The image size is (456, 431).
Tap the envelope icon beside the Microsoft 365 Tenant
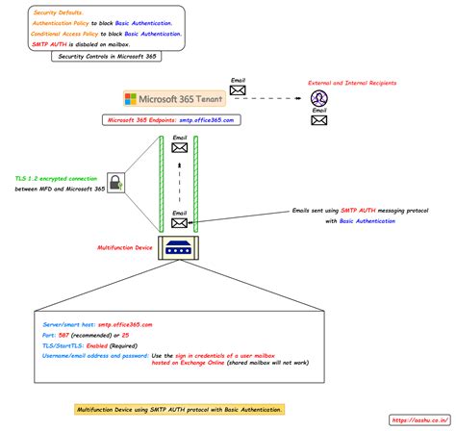[x=238, y=90]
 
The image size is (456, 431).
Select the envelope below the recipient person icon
[x=318, y=121]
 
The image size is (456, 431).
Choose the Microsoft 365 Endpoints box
[x=180, y=120]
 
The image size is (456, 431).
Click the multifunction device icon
[x=180, y=246]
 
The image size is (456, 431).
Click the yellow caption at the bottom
[x=180, y=409]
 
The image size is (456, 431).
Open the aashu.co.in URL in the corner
[x=419, y=420]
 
